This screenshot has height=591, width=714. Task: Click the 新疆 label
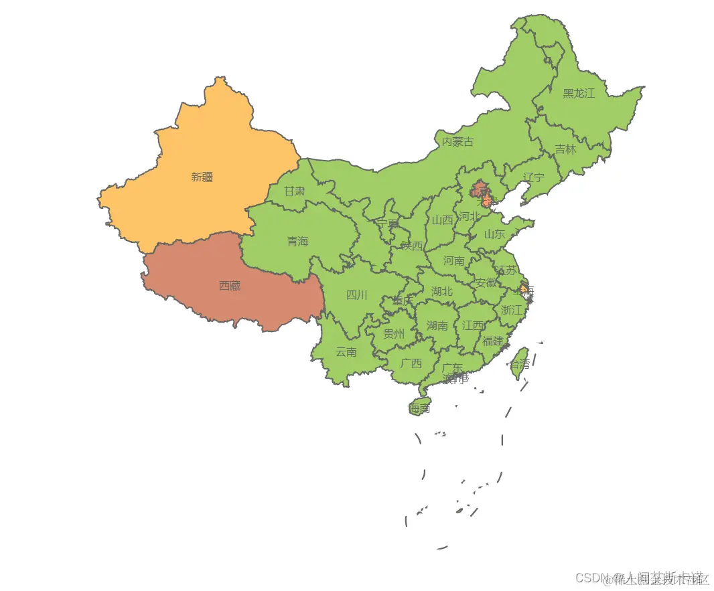(202, 177)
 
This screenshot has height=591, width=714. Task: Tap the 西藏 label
(230, 286)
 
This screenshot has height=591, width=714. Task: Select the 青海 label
(297, 242)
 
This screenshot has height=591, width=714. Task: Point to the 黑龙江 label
(578, 93)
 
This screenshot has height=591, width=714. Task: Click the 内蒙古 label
(457, 141)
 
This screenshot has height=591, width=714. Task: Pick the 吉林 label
(565, 149)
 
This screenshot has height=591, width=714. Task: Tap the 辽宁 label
(534, 177)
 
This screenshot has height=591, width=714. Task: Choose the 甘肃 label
(294, 191)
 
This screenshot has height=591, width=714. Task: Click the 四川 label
(356, 294)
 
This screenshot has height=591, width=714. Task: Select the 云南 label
(346, 351)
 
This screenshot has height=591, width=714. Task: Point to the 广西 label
(411, 363)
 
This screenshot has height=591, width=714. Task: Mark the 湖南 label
(437, 326)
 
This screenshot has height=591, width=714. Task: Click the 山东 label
(494, 234)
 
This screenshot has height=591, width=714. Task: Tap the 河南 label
(453, 260)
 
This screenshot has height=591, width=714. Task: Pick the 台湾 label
(519, 364)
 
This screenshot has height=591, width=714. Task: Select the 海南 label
(420, 408)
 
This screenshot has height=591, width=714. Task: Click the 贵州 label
(394, 333)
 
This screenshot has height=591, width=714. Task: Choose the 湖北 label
(441, 291)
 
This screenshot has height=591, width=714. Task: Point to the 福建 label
(492, 341)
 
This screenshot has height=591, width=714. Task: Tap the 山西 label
(442, 220)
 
